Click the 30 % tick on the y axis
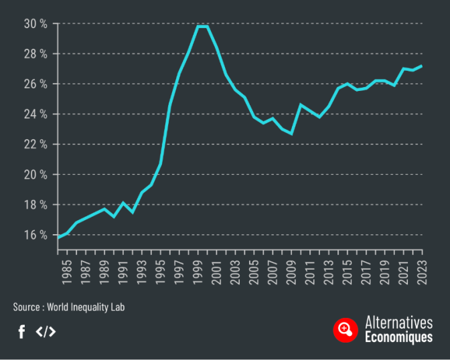point(34,23)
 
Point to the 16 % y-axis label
point(34,235)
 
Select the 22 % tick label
point(34,145)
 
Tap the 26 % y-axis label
point(34,84)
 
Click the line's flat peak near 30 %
point(202,26)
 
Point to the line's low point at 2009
point(291,134)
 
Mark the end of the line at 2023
point(422,66)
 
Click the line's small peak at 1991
point(123,203)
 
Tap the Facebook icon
point(21,331)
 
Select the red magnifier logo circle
point(346,329)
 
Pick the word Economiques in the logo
point(398,337)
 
